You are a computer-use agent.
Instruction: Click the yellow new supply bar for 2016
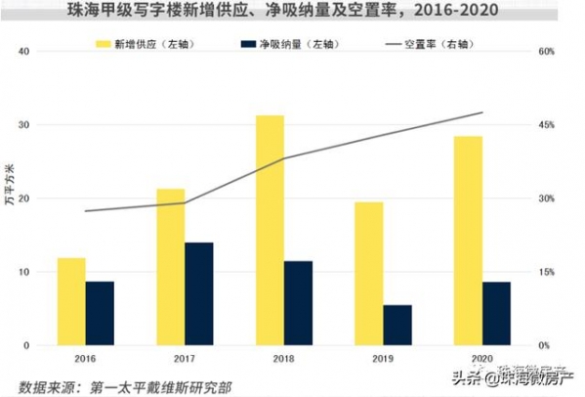71,301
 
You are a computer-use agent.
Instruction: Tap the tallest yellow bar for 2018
269,230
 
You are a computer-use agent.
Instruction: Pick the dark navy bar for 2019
397,325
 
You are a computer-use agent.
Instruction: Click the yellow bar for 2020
468,241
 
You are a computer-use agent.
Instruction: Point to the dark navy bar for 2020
496,313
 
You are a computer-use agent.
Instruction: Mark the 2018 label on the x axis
283,358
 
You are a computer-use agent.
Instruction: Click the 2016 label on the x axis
85,358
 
